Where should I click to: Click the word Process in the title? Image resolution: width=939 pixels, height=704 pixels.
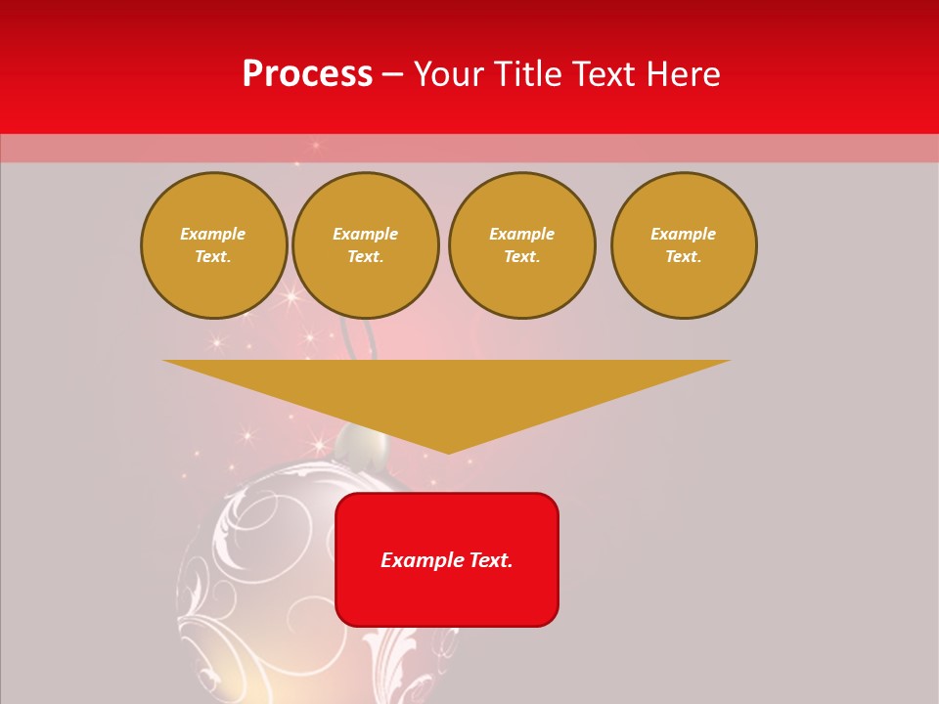[307, 74]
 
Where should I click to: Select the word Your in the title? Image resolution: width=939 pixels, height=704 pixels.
[450, 74]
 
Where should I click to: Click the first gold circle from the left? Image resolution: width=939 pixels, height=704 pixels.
[213, 245]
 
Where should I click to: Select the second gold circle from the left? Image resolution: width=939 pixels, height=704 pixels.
[366, 245]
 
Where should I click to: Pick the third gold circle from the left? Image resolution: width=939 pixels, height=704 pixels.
[521, 245]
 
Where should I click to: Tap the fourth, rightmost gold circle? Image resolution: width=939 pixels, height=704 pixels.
[684, 245]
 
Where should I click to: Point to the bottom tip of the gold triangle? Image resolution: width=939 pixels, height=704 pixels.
[448, 452]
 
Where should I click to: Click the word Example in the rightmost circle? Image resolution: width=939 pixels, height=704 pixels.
[684, 235]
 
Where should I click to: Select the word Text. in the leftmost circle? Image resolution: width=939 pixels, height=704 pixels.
[213, 257]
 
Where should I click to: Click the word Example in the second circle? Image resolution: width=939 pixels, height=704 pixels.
[366, 235]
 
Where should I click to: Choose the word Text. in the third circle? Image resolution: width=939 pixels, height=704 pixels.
[521, 257]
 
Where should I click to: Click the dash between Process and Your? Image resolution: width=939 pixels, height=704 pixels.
[392, 74]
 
